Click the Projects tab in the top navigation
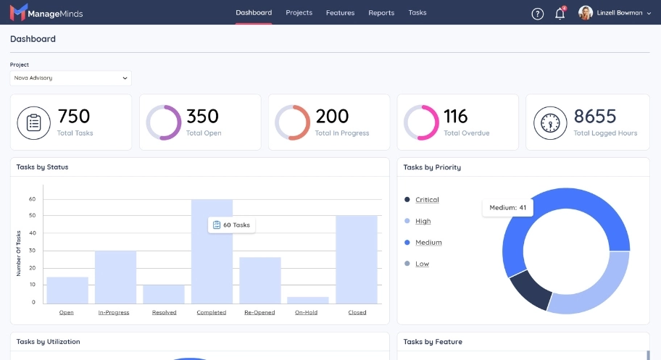click(299, 13)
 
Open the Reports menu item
click(381, 13)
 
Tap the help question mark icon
click(537, 14)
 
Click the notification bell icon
click(560, 14)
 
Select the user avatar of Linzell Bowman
click(586, 13)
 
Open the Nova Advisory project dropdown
click(70, 78)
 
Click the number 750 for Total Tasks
click(74, 116)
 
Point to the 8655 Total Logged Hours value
click(594, 116)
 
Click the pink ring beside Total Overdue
click(420, 122)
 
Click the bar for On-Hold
click(308, 299)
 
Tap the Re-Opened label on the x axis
click(259, 313)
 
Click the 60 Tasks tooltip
click(232, 225)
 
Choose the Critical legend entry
click(427, 200)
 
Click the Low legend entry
click(422, 264)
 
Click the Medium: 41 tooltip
click(507, 208)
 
